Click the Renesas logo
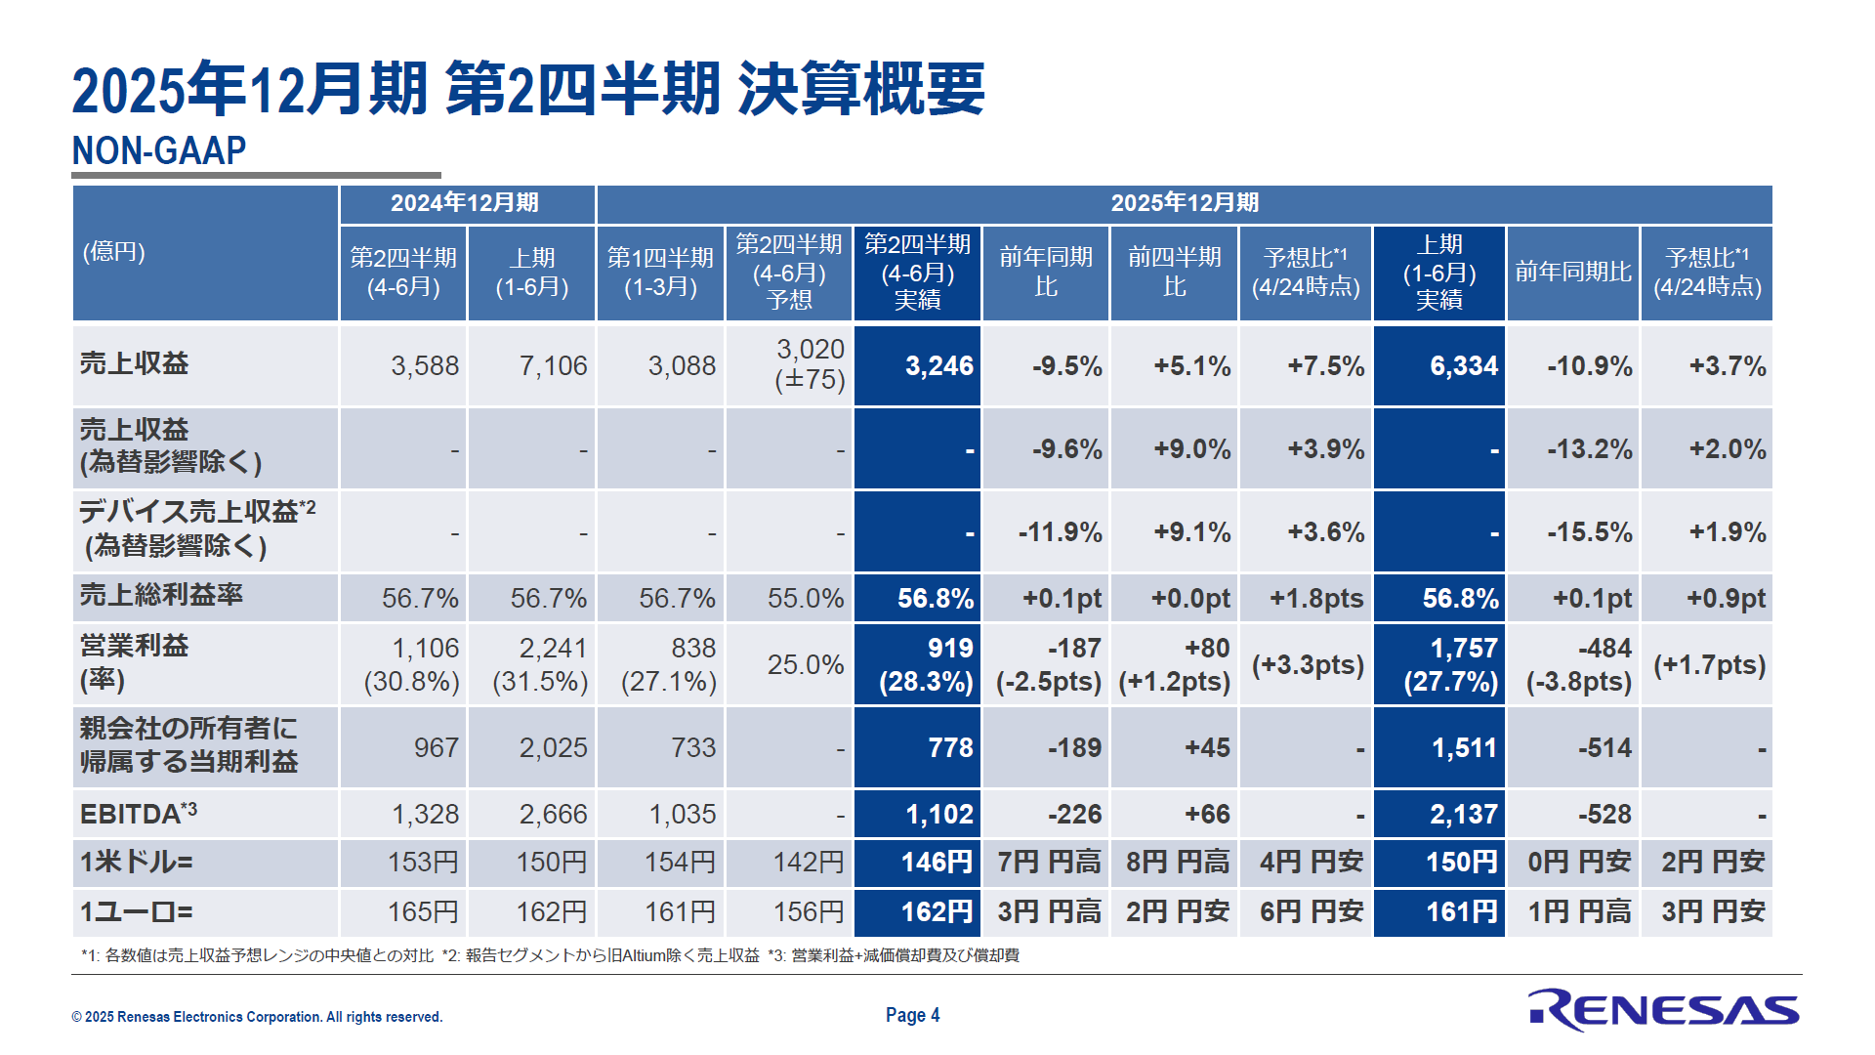(1663, 1010)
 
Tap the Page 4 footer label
(912, 1015)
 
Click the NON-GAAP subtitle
(159, 150)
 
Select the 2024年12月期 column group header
(465, 203)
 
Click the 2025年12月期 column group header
(1185, 203)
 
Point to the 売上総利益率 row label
(161, 595)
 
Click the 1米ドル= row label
(137, 863)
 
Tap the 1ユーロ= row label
(137, 912)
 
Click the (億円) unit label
(114, 252)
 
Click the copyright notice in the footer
(257, 1017)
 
